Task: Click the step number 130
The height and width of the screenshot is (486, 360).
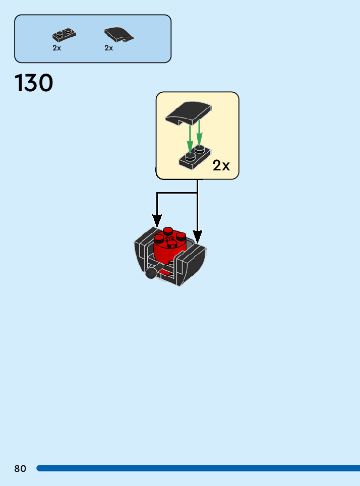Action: click(x=34, y=83)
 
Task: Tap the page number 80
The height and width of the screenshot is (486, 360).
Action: click(x=20, y=468)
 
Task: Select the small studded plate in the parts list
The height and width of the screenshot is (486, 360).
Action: click(x=64, y=35)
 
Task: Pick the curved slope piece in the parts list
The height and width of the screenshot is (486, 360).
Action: click(x=119, y=34)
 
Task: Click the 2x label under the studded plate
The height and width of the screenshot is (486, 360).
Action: click(x=56, y=48)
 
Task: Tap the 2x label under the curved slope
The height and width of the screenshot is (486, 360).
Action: click(x=109, y=48)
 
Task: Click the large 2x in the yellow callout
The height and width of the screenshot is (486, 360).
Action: click(x=221, y=165)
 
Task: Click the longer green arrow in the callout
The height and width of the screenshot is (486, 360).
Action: click(x=190, y=136)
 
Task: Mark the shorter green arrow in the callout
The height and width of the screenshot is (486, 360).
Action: click(x=200, y=132)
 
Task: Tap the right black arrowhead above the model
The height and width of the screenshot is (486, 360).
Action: click(x=197, y=236)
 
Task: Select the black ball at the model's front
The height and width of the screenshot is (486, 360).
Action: click(x=150, y=273)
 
